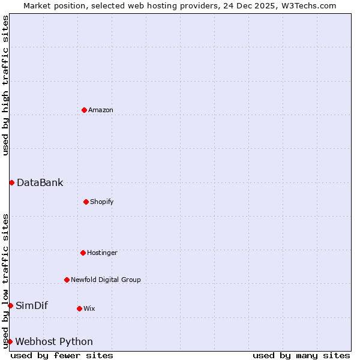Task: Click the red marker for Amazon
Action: point(84,110)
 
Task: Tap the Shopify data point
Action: point(86,202)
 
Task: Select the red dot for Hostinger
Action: point(83,253)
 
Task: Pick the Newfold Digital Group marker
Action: point(67,280)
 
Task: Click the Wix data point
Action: point(79,308)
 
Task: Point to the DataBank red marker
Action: point(11,182)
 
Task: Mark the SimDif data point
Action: point(10,305)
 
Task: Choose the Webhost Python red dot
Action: point(10,341)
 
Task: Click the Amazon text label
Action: point(101,110)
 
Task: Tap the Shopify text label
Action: point(102,202)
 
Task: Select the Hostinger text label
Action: point(102,253)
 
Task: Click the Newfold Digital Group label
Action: point(106,280)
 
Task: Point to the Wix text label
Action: point(89,308)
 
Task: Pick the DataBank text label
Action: point(40,182)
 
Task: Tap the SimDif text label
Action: point(32,305)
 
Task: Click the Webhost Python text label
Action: point(54,341)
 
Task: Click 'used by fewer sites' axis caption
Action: point(62,355)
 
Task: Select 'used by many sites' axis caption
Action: point(301,355)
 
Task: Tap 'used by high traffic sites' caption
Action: point(5,85)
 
